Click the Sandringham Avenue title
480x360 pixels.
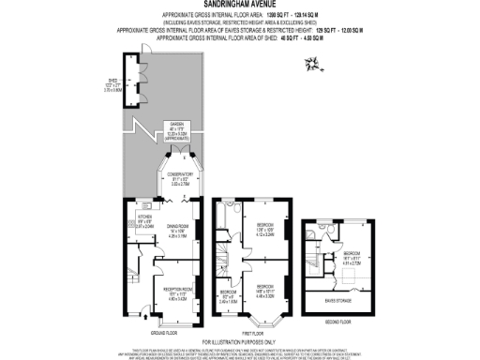[239, 5]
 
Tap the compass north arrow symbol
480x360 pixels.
[311, 63]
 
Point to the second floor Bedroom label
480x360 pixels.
[352, 255]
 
